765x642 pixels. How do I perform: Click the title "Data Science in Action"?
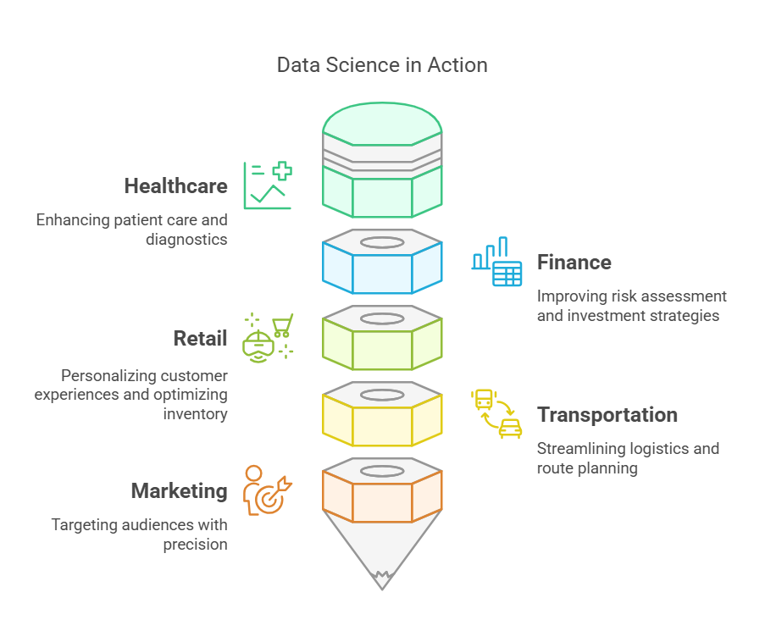point(382,65)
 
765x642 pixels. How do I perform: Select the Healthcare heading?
point(175,186)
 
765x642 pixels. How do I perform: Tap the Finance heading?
point(574,263)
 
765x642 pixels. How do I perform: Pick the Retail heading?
point(200,339)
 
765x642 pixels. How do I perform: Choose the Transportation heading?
point(607,415)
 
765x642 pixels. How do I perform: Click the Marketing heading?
point(179,491)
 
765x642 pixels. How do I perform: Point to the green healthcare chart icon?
point(268,185)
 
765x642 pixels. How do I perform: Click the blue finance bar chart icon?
point(497,262)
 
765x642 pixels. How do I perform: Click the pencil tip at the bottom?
point(382,576)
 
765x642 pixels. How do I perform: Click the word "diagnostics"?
point(186,240)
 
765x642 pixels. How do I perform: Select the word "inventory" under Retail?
point(197,415)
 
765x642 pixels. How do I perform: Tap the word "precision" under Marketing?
point(196,545)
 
